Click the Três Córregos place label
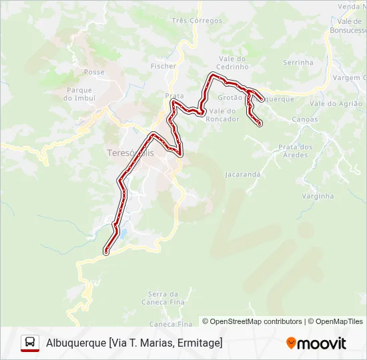coord(197,21)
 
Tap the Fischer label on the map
coord(163,66)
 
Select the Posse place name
coord(95,72)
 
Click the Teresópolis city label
coord(130,153)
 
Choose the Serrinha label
coord(298,63)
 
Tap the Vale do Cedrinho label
coord(232,63)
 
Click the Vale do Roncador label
coord(224,115)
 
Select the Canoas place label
coord(305,120)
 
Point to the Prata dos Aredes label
coord(295,151)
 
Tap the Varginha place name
coord(318,196)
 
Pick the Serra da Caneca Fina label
coord(163,298)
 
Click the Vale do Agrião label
coord(336,103)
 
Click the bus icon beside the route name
coord(30,343)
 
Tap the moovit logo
coord(316,343)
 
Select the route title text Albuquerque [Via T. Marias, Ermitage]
coord(134,343)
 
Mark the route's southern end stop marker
coord(106,252)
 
